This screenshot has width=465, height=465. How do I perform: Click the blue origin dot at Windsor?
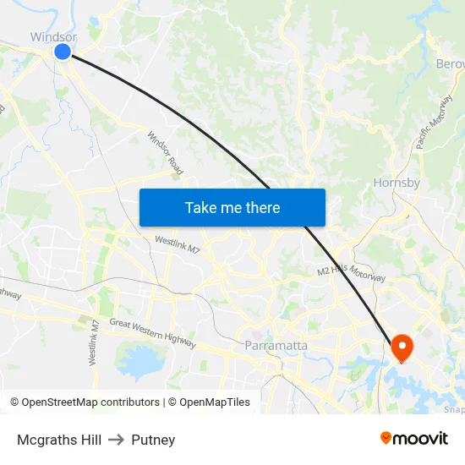[x=63, y=52]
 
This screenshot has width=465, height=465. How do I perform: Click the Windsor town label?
[x=53, y=36]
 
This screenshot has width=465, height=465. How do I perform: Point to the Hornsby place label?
[x=397, y=183]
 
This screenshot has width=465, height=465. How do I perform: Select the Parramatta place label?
[x=276, y=346]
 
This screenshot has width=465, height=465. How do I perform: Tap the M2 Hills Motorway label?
[x=352, y=274]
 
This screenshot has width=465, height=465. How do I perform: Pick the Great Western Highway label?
[x=153, y=332]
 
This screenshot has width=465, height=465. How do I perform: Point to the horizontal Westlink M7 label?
[x=178, y=245]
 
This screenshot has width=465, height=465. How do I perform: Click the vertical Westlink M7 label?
[x=96, y=342]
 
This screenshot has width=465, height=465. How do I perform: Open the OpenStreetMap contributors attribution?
[x=85, y=402]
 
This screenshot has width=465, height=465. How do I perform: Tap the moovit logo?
[x=414, y=439]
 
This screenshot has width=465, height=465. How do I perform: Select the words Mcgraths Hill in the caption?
[x=59, y=440]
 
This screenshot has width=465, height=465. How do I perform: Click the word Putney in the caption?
[x=153, y=440]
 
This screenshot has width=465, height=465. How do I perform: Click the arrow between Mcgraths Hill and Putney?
[x=116, y=440]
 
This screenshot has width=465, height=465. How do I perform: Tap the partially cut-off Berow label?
[x=451, y=64]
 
